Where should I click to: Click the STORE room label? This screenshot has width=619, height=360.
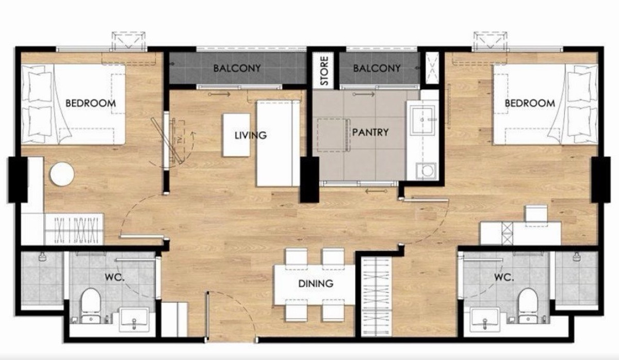323,71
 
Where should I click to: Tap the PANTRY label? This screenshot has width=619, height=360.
370,133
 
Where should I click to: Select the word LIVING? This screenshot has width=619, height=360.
251,135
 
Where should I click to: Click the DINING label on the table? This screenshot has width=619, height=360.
316,284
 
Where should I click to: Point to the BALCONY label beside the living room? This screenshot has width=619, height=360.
237,68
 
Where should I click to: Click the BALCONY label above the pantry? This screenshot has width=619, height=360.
377,68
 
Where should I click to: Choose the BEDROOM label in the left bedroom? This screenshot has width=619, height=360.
91,103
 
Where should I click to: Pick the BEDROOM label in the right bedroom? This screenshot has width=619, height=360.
530,103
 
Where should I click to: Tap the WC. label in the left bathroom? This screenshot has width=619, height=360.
115,277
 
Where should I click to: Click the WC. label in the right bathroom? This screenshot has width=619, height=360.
504,277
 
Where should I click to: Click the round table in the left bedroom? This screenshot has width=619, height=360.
62,174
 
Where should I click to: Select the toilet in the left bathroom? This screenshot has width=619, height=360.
91,305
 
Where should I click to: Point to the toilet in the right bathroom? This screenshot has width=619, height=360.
528,305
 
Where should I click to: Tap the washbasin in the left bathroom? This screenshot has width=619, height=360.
134,320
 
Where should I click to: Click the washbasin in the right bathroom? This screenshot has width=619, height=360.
485,320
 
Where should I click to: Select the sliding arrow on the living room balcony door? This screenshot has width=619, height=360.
219,94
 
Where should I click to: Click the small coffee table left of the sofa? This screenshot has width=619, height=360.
237,135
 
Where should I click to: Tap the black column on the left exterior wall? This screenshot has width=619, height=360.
18,179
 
